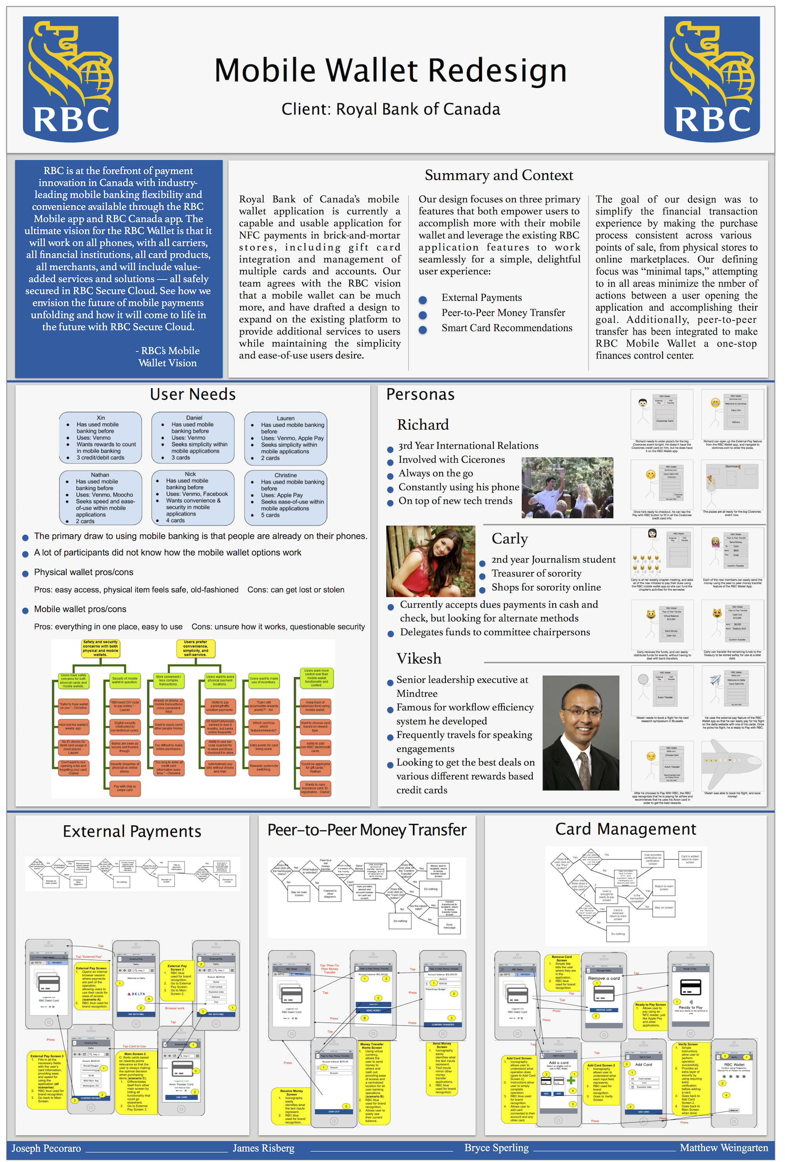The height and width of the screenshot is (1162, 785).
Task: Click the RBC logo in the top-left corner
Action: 71,79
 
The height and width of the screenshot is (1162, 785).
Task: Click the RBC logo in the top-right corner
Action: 712,79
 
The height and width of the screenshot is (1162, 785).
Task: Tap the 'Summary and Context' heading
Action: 499,175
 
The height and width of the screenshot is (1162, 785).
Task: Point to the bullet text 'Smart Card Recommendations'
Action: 507,328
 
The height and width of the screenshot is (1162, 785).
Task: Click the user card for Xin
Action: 100,438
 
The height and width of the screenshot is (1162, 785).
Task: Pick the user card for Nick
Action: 193,497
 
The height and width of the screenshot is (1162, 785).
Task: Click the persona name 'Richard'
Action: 423,425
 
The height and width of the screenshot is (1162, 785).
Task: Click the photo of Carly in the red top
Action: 431,561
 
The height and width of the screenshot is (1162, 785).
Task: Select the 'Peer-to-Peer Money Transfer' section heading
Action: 367,830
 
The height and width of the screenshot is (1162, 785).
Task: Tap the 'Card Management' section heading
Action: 625,829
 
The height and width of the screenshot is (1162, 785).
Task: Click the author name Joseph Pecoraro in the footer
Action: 46,1148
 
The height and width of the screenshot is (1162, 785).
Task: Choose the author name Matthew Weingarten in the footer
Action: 723,1147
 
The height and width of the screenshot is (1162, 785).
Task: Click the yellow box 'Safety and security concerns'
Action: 100,648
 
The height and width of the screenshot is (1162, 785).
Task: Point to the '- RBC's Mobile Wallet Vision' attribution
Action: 167,357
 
